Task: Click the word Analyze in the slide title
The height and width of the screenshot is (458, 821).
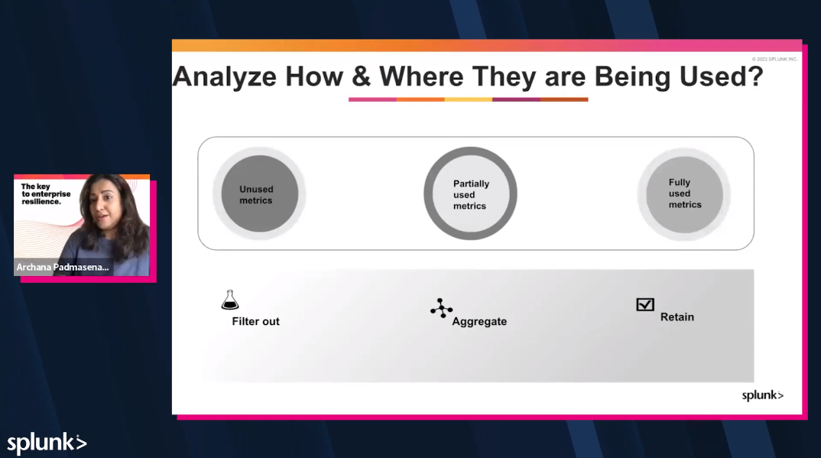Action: [224, 77]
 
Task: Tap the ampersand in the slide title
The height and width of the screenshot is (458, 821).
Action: [360, 77]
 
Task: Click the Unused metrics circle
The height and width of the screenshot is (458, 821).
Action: [258, 194]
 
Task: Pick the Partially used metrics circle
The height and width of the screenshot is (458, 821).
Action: [470, 194]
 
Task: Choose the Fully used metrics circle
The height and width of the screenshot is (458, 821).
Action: [684, 193]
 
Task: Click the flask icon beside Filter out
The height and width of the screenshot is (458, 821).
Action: [229, 300]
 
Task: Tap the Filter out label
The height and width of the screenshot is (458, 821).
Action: [255, 322]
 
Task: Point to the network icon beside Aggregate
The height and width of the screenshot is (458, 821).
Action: [441, 308]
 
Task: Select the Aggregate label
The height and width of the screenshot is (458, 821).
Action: [479, 322]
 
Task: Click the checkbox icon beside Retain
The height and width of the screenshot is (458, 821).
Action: [645, 304]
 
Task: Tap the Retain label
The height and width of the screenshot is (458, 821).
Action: [677, 317]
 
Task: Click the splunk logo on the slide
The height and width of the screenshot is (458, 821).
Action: [762, 395]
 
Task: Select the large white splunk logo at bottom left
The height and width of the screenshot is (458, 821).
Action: [47, 443]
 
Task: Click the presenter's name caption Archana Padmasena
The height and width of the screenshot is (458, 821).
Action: [63, 268]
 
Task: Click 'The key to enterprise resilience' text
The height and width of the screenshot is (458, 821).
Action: [46, 194]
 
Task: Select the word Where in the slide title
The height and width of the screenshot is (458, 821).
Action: [421, 77]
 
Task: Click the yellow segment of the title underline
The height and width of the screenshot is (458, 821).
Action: [468, 99]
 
